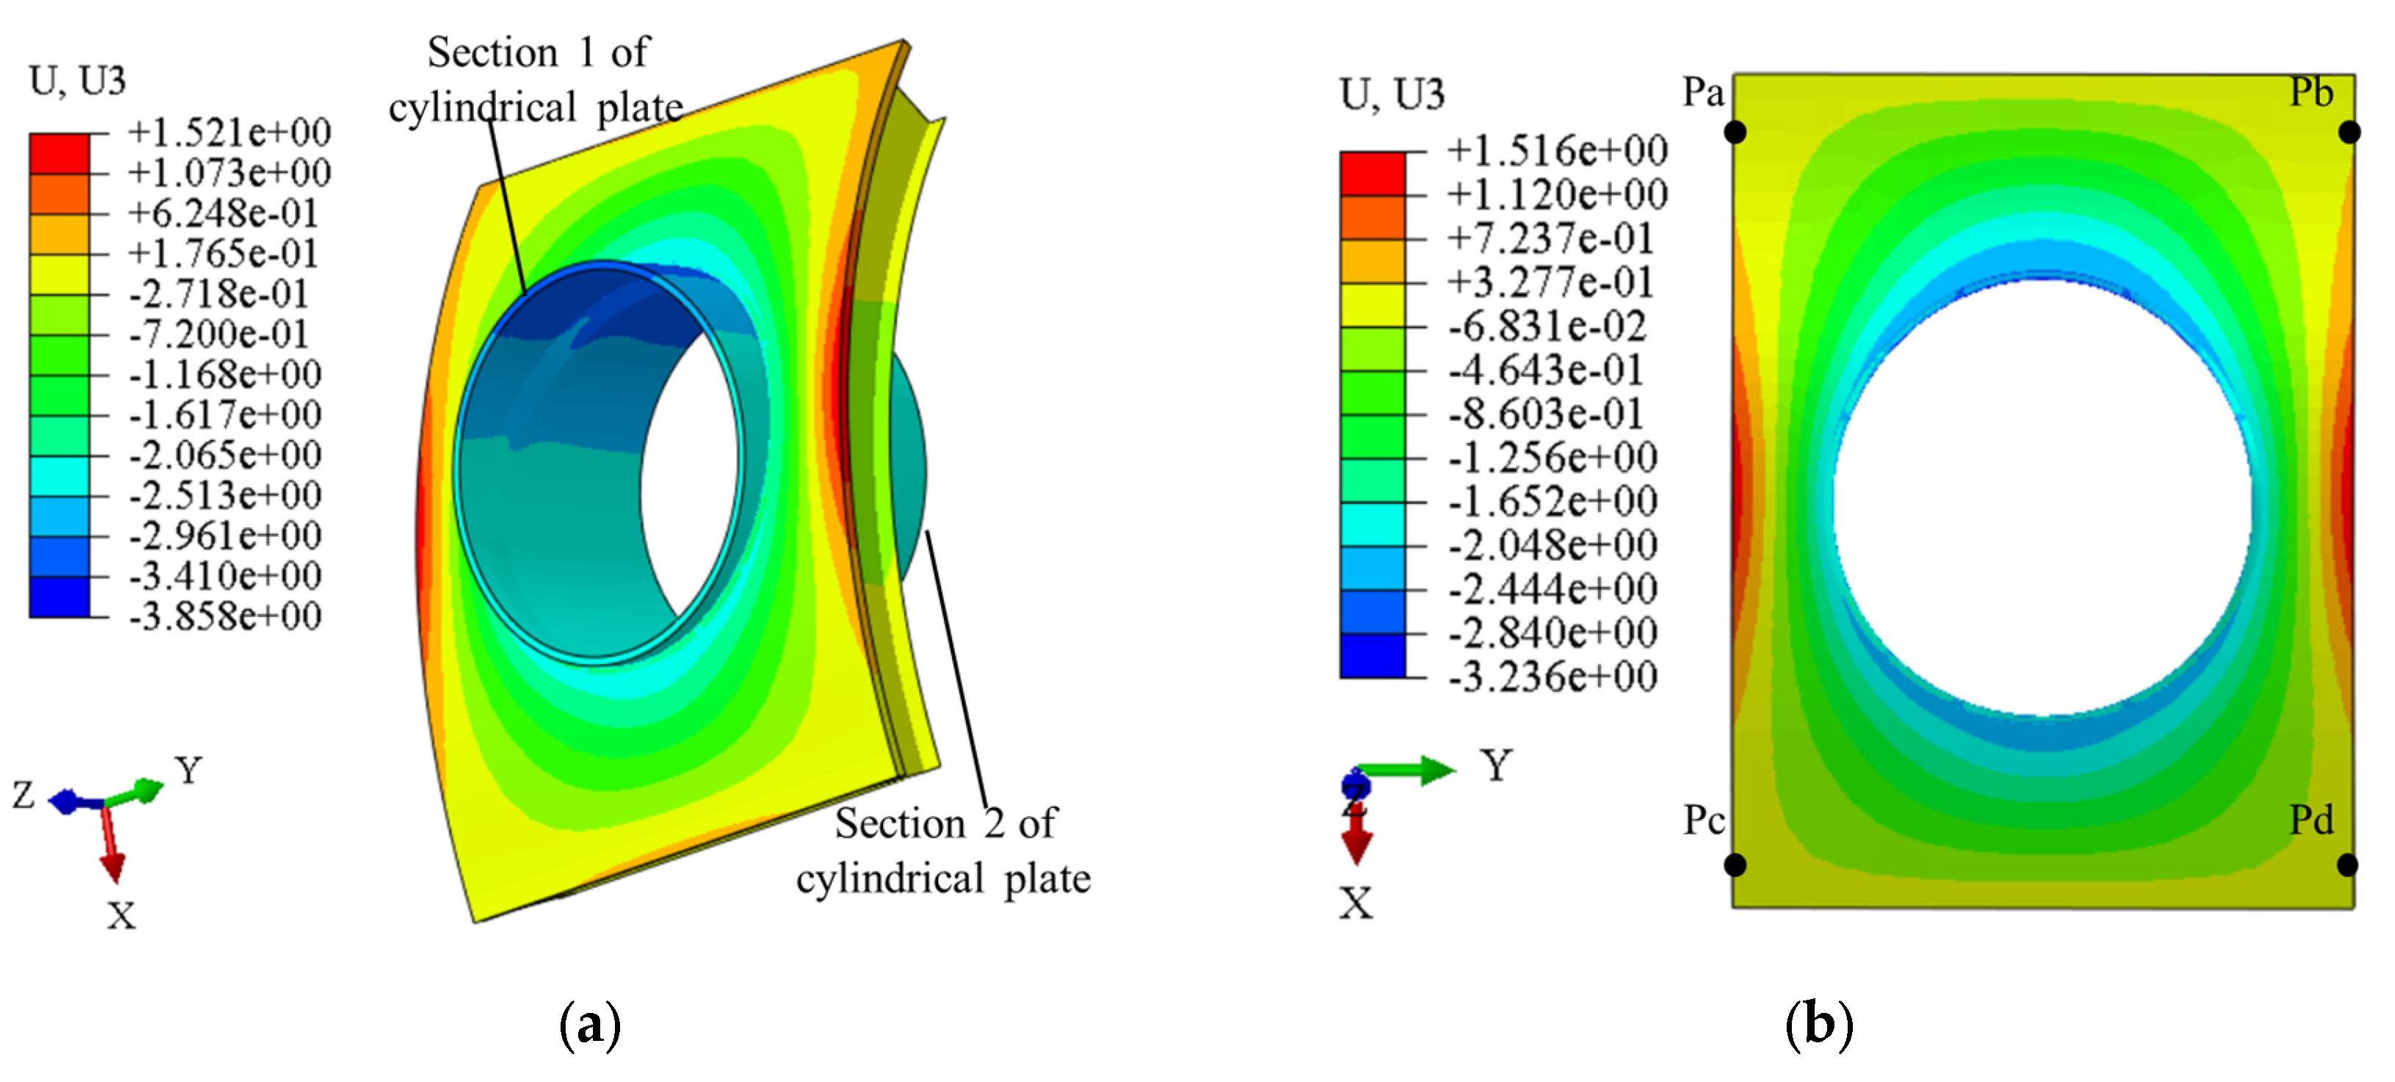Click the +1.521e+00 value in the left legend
[228, 132]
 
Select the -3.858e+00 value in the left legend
[225, 616]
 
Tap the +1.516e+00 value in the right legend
[1557, 150]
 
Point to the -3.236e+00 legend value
[1552, 676]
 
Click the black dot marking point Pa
[1735, 133]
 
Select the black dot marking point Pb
[2349, 133]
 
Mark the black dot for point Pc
[1735, 865]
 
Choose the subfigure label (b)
[1820, 1025]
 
